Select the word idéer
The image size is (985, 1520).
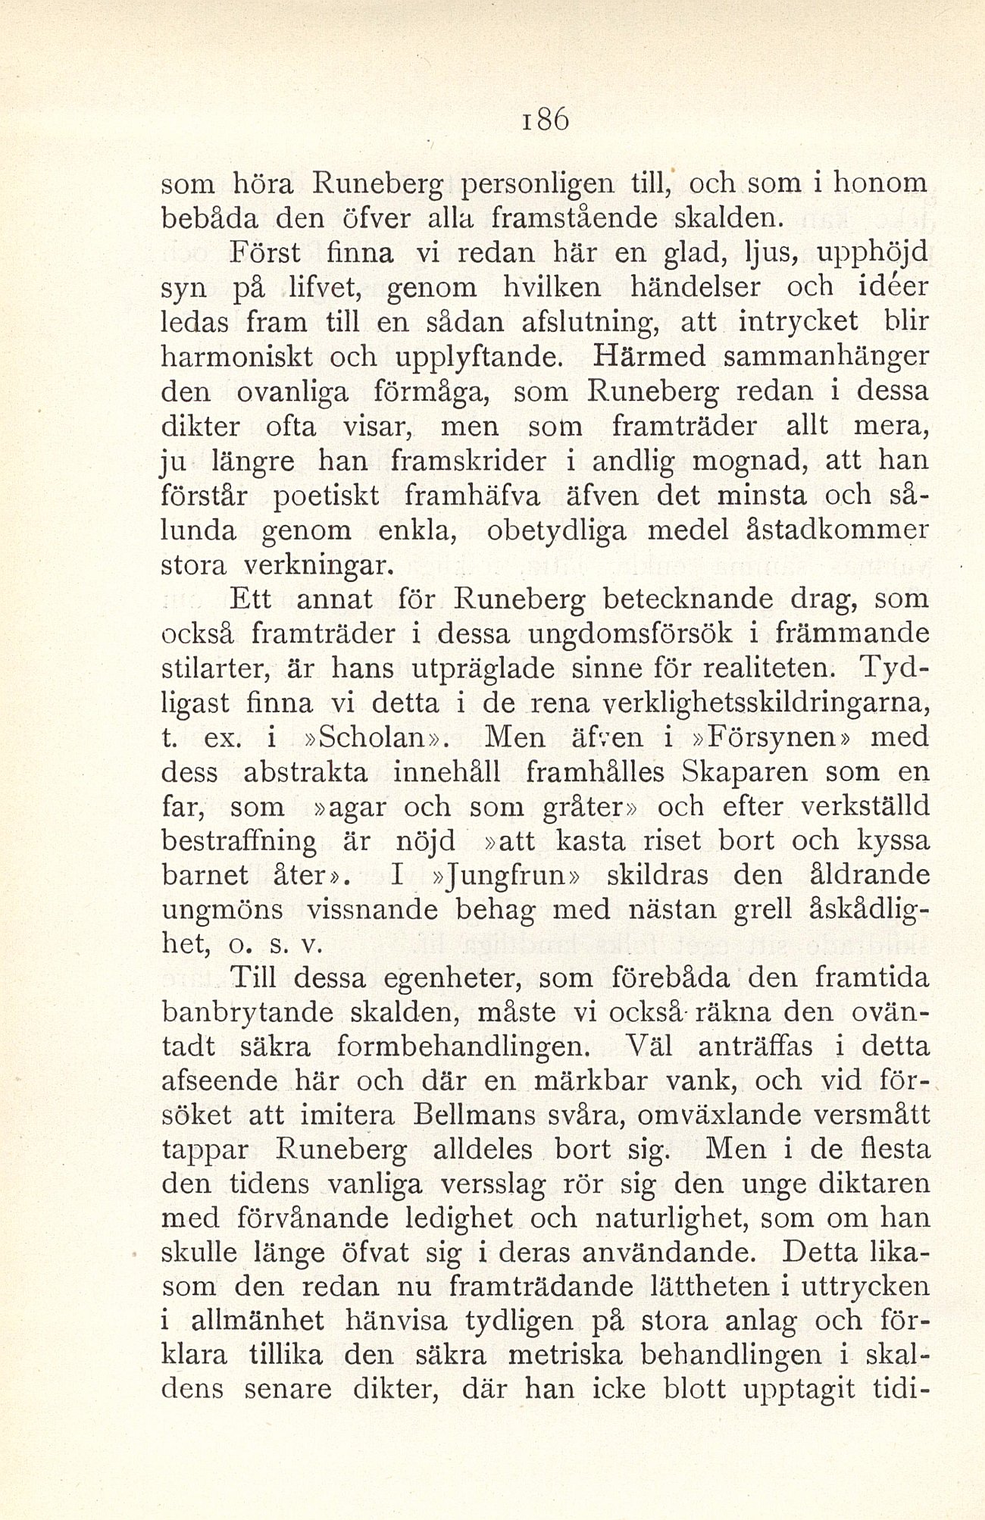(x=887, y=288)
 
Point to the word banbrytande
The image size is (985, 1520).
(x=249, y=1013)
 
